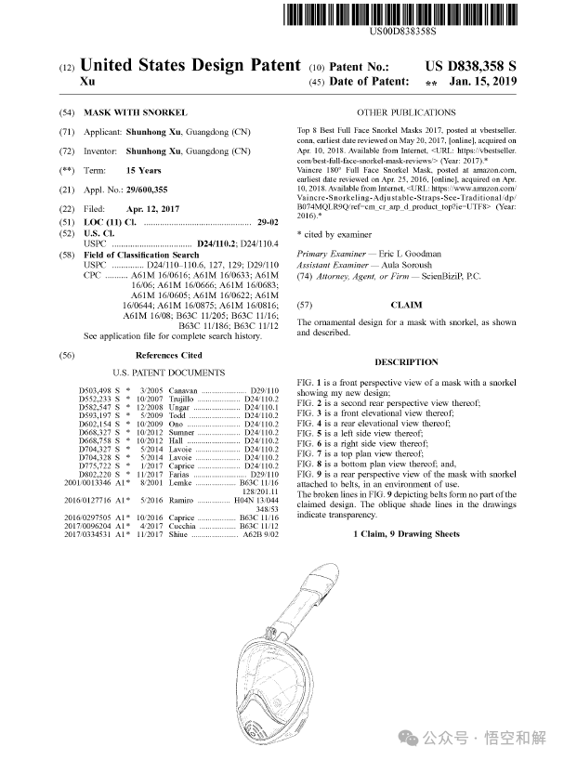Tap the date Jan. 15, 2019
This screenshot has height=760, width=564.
[482, 82]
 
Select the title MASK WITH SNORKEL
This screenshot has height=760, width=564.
[136, 111]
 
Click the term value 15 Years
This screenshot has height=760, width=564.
[144, 170]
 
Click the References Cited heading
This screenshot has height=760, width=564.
[168, 356]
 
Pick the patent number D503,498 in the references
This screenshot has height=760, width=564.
[95, 390]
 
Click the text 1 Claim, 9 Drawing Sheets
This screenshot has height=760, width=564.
[406, 534]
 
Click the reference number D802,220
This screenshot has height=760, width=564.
[95, 475]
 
